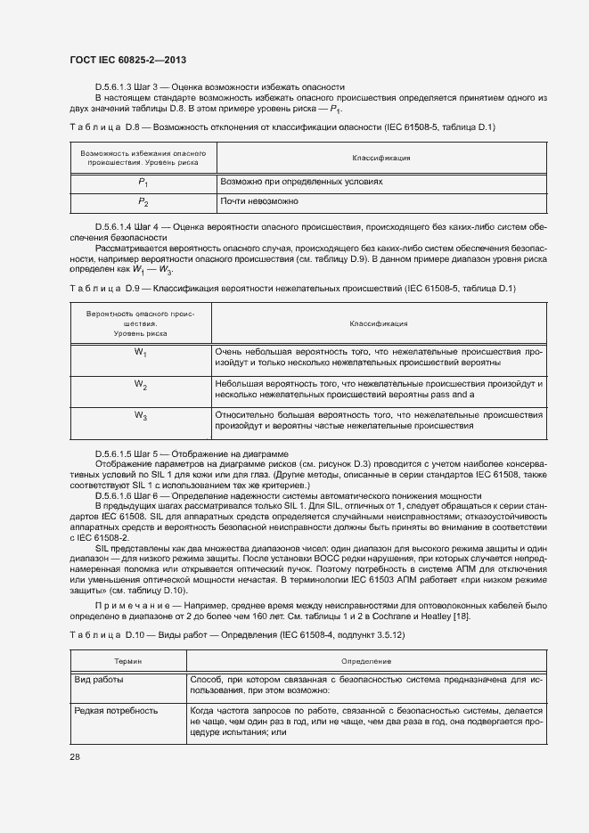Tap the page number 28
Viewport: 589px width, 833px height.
click(x=74, y=756)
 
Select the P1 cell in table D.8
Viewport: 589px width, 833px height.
click(x=142, y=182)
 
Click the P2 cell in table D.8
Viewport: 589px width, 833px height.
click(x=142, y=203)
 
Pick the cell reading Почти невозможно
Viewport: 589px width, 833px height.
click(x=259, y=202)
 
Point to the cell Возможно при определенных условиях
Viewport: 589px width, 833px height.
click(x=301, y=181)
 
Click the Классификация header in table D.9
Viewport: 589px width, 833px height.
click(x=378, y=324)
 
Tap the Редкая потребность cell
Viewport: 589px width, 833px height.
click(x=117, y=711)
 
